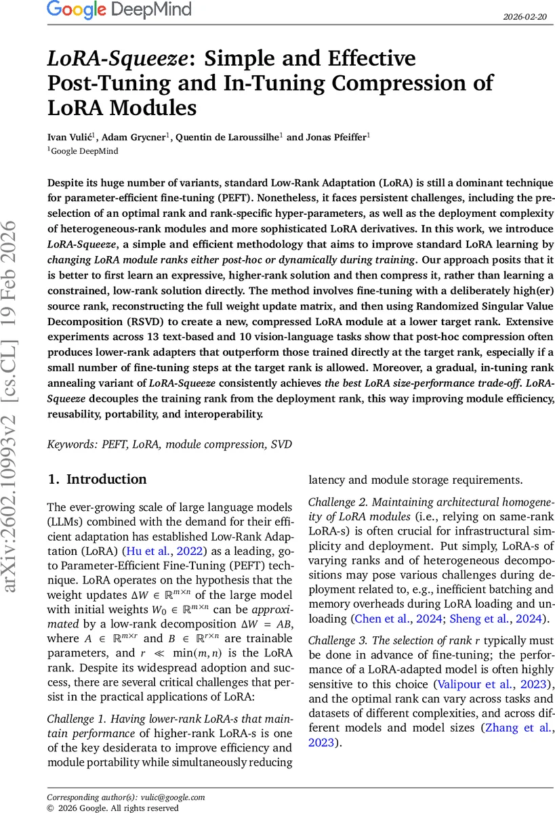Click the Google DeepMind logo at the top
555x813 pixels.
point(119,10)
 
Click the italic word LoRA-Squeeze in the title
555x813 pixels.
point(116,60)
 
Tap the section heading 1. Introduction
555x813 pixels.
point(97,480)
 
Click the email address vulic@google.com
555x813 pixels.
point(173,797)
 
